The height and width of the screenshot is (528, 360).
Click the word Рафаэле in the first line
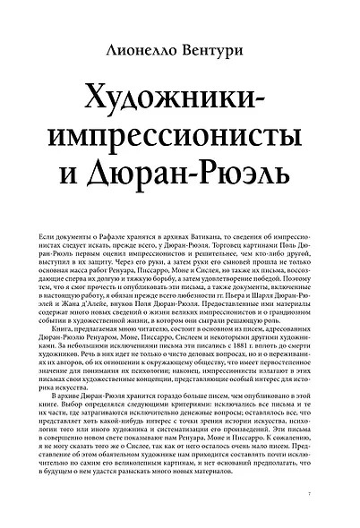click(119, 232)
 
